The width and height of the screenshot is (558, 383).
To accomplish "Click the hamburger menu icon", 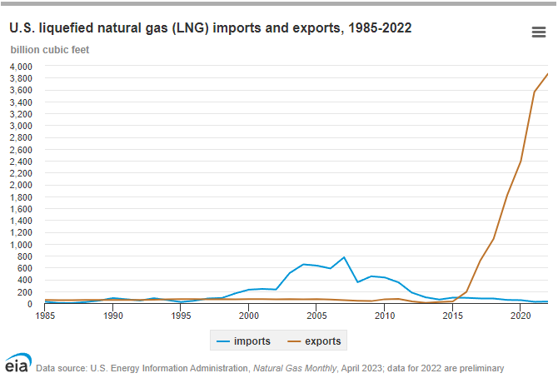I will pos(538,32).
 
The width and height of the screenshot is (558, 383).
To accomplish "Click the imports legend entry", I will pos(243,341).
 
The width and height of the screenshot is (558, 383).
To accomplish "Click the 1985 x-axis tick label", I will pos(46,316).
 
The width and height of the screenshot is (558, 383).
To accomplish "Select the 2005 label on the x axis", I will pos(316,316).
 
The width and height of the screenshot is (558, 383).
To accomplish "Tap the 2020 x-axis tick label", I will pos(521,316).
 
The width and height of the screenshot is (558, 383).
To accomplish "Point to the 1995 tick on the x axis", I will pos(181,316).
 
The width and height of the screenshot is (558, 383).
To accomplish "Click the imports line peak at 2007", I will pos(344,257).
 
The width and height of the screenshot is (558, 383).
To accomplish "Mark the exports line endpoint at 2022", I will pos(547,74).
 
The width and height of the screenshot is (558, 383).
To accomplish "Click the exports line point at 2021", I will pos(534,92).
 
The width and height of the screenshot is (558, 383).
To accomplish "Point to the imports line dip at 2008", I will pos(357,282).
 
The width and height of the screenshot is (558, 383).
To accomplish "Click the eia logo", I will pos(18,365).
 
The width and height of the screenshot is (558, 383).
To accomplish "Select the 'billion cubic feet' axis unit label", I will pos(50,48).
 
